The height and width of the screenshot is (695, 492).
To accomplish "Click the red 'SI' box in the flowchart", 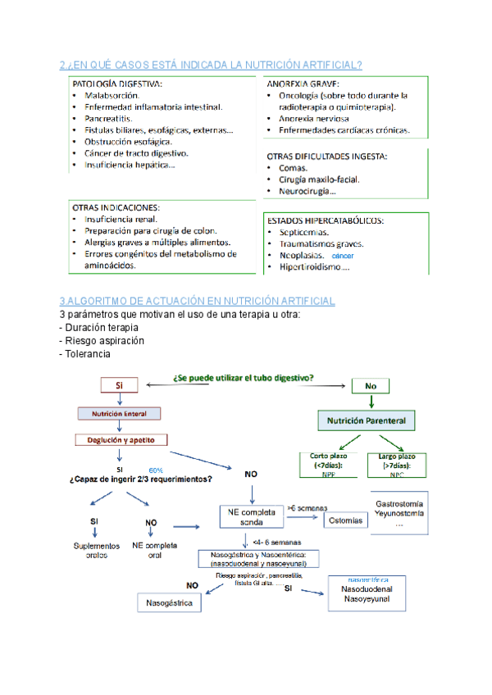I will [120, 385].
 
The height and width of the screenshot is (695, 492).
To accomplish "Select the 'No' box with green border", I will [371, 385].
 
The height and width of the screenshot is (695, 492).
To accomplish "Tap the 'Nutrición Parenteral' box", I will [367, 421].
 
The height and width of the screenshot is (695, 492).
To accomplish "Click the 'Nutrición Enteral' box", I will [118, 413].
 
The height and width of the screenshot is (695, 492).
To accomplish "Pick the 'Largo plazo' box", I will [398, 464].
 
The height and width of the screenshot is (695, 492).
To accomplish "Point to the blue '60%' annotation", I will [156, 469].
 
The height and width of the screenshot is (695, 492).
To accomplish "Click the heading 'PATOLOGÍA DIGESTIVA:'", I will [117, 84].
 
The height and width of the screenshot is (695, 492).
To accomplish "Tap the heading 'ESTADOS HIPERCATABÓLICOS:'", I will [326, 220].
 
